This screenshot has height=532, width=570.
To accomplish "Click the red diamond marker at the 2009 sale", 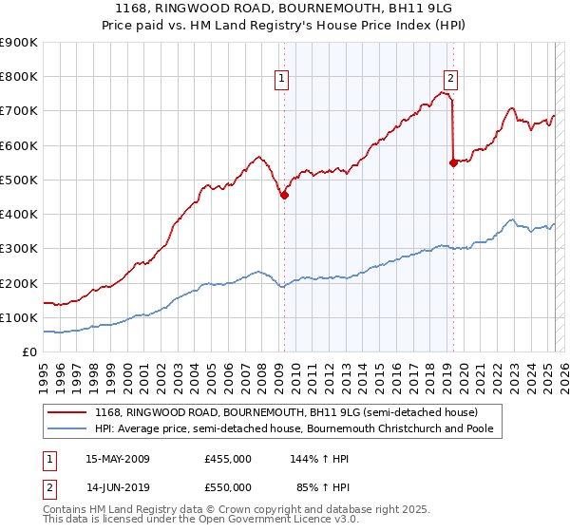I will [284, 196].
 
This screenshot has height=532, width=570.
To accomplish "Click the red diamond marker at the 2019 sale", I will [453, 162].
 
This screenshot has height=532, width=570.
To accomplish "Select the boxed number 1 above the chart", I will [282, 80].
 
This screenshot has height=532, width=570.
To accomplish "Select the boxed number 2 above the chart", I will [450, 80].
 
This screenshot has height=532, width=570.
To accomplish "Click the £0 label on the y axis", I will [29, 352].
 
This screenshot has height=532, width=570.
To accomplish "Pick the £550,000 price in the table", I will [228, 487].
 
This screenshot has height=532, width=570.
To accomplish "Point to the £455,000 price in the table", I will [228, 460].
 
